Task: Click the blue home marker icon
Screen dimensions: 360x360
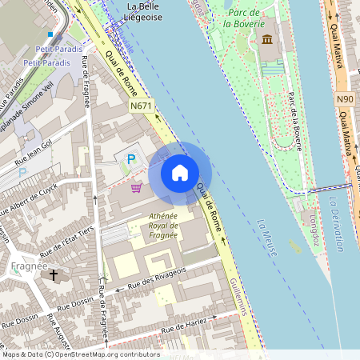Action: coord(180,173)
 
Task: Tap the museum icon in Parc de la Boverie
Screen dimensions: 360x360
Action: coord(266,40)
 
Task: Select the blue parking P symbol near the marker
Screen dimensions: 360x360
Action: coord(128,160)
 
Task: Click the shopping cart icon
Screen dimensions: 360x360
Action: coord(137,188)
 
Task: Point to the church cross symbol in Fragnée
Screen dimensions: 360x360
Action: coord(54,276)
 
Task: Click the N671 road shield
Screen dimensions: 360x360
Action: coord(141,105)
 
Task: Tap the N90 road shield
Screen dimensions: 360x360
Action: coord(345,98)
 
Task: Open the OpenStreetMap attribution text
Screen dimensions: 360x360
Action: coord(81,354)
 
